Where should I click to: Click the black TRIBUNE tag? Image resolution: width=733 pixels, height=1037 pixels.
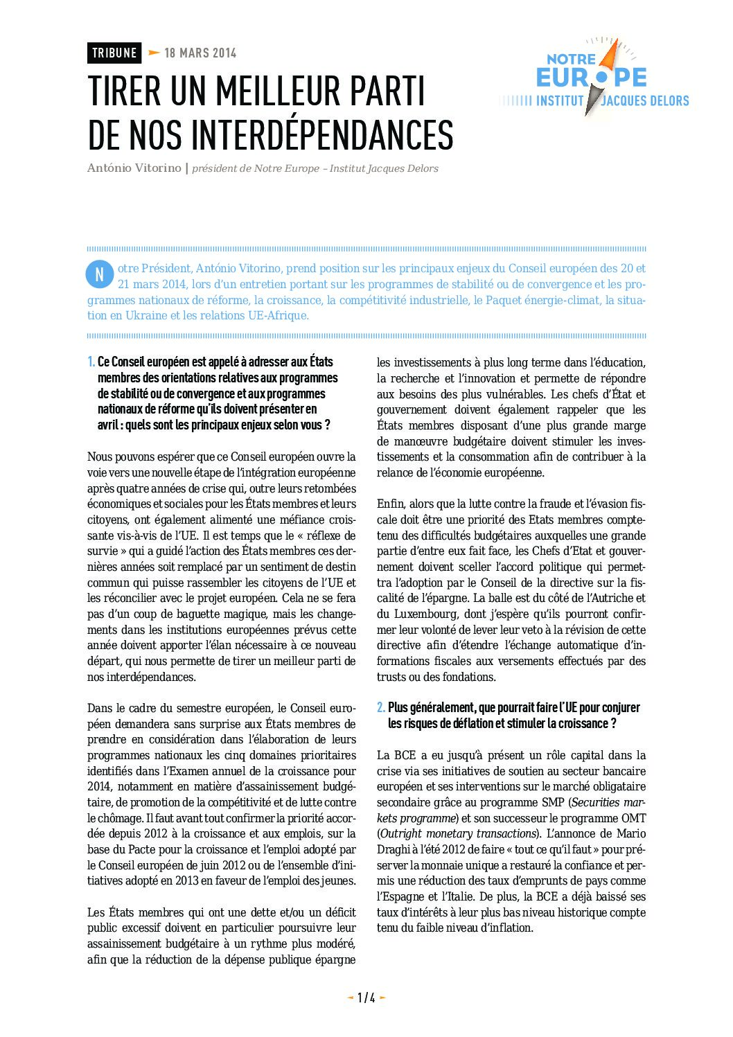point(114,53)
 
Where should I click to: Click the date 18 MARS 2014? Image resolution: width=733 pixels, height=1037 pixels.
point(200,53)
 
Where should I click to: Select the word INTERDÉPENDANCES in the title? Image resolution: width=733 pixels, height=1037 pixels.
point(322,135)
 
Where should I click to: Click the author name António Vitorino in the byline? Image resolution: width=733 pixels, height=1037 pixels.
point(134,168)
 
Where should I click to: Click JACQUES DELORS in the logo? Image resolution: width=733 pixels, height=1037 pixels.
point(645,101)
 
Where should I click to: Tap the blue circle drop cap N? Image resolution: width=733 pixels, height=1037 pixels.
point(99,275)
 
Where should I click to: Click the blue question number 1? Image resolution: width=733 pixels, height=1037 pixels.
point(91,362)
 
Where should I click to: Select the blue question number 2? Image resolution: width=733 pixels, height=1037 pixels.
point(381,708)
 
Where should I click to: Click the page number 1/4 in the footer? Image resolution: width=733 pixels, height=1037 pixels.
point(366,998)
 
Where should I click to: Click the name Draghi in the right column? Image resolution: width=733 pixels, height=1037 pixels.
point(394,850)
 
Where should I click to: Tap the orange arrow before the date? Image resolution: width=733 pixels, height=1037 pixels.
point(154,53)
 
